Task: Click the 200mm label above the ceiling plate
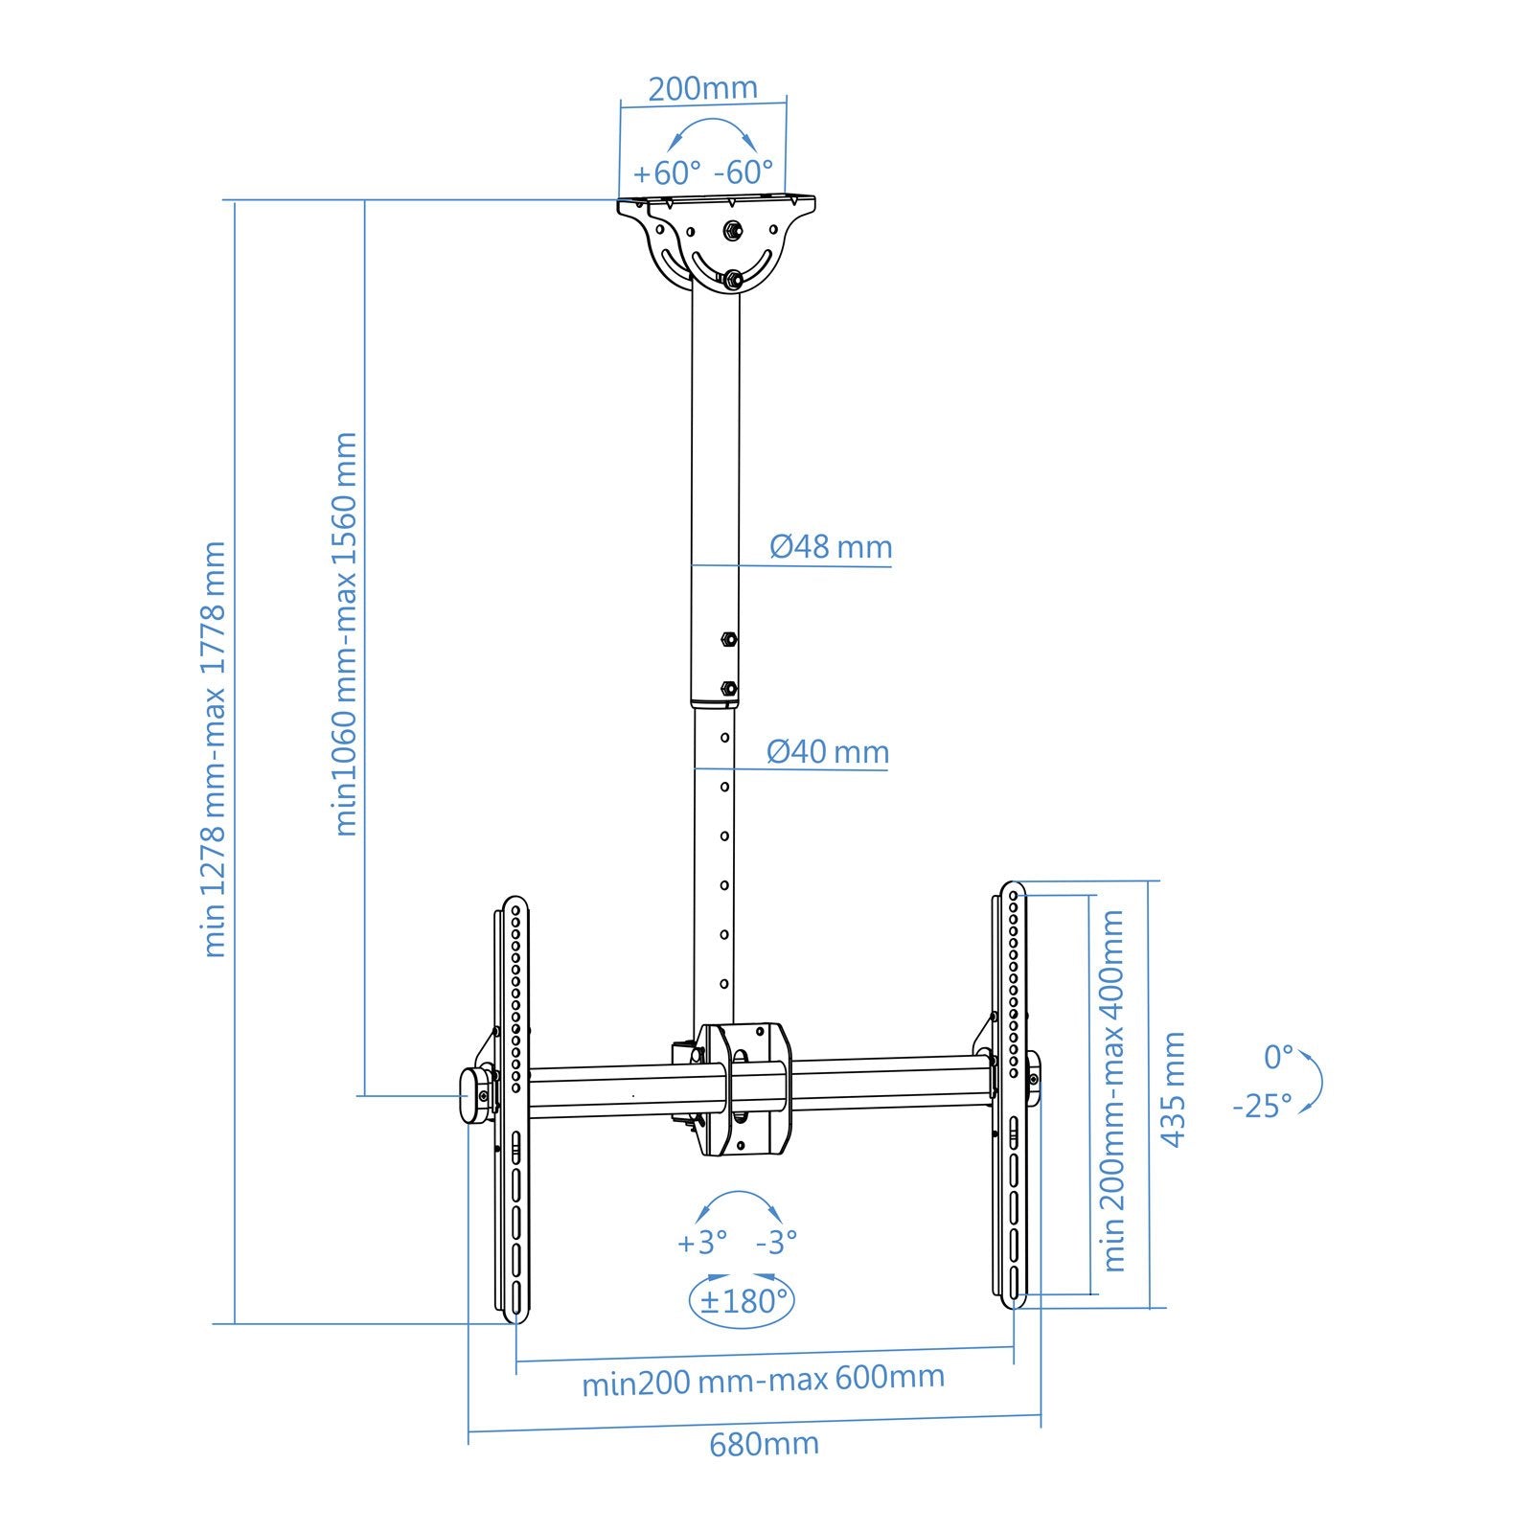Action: pos(702,88)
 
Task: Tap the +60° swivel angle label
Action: pos(667,173)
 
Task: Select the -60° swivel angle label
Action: pos(744,172)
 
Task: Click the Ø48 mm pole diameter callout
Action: pos(831,547)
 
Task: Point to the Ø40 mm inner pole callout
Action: pos(828,751)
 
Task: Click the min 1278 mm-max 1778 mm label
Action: pos(215,749)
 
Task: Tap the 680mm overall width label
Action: pos(764,1443)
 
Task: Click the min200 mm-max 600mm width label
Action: pos(764,1381)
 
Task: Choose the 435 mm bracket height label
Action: pos(1173,1089)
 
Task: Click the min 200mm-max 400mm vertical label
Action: pos(1112,1090)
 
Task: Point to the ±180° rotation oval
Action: pos(743,1301)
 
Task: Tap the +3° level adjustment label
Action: pos(702,1243)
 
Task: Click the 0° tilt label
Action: pos(1277,1057)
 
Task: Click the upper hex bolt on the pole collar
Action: pos(727,638)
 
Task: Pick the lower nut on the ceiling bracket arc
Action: pos(732,279)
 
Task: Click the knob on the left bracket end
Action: pos(473,1096)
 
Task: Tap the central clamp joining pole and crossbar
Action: pos(744,1089)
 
